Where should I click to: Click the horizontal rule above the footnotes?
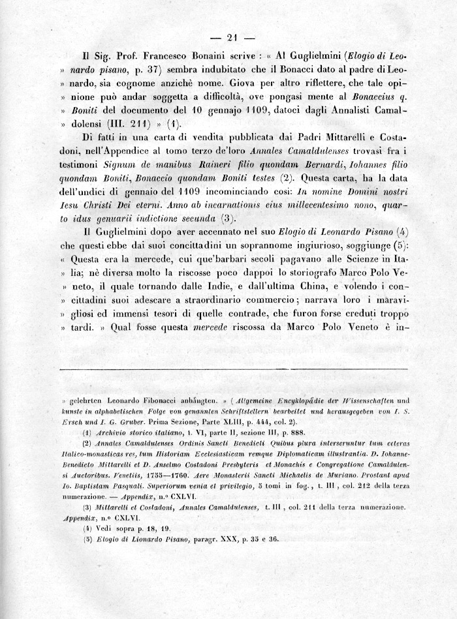coord(233,370)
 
